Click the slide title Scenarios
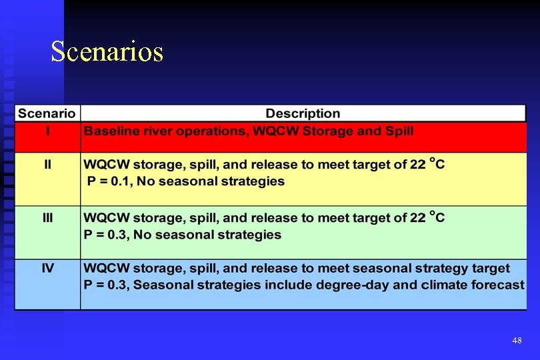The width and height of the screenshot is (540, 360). [x=107, y=51]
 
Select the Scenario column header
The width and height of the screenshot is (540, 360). [x=47, y=113]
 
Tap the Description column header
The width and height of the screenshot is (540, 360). [x=303, y=113]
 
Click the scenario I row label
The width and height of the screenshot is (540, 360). [x=47, y=131]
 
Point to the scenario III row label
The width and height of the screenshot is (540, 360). [x=47, y=218]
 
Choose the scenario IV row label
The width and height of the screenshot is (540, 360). [x=47, y=269]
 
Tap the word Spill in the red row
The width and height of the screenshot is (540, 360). [x=399, y=131]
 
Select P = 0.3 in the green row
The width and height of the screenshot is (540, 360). [x=108, y=235]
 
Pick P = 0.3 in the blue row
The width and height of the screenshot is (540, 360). [x=108, y=285]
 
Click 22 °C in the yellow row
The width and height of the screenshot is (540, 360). [x=427, y=164]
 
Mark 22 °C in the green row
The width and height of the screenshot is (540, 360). [x=427, y=217]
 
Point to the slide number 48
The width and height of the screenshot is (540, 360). [x=517, y=341]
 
